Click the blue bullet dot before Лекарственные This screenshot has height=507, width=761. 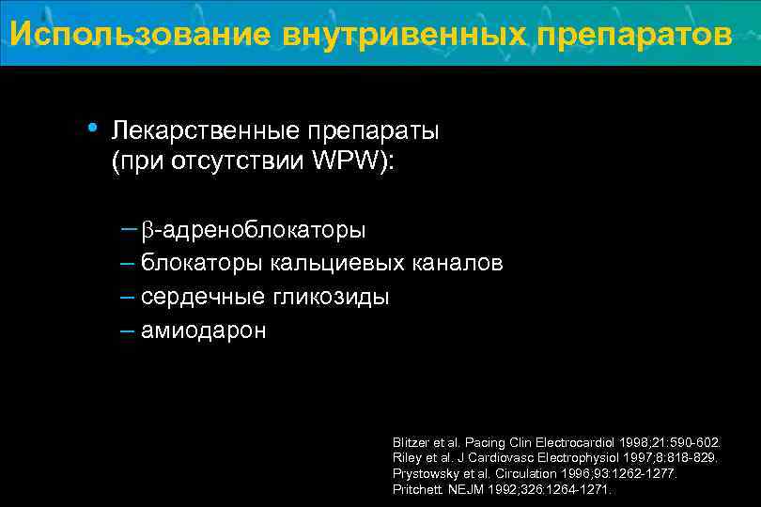[x=91, y=128]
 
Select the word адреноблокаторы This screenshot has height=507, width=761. [x=262, y=230]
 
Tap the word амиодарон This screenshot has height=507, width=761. [x=203, y=330]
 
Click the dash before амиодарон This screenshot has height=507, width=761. [x=128, y=330]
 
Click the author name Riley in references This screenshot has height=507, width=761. [x=406, y=457]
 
